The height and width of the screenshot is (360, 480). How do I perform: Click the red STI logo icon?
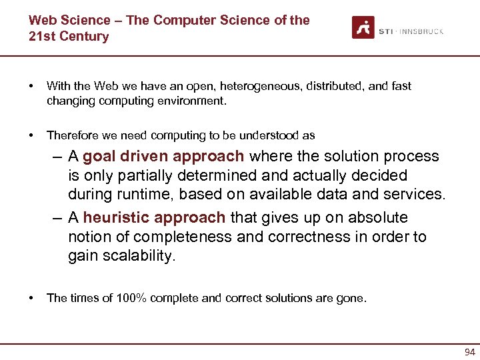tap(363, 27)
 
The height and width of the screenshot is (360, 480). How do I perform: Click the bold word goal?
tap(101, 157)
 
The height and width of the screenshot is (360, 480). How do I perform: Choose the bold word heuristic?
tap(117, 218)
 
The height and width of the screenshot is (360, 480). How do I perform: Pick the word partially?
tap(129, 176)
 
